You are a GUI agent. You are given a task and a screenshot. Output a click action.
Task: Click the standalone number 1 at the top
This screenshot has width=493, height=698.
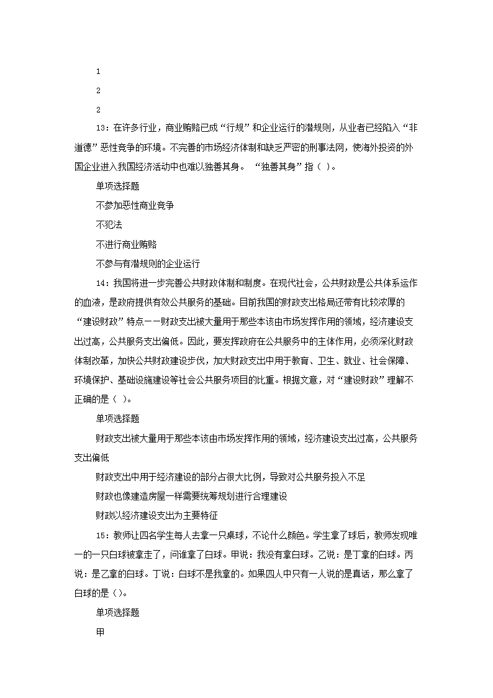(98, 71)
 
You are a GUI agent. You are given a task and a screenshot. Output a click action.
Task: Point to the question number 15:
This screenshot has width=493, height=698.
(103, 535)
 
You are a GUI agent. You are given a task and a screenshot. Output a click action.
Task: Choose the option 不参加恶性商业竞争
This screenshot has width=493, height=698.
(135, 205)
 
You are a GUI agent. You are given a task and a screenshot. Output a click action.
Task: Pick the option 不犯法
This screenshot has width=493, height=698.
(109, 224)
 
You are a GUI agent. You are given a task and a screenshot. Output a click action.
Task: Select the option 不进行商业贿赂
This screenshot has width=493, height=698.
(126, 244)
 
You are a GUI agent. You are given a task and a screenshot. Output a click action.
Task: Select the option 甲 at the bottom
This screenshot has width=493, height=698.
(100, 631)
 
